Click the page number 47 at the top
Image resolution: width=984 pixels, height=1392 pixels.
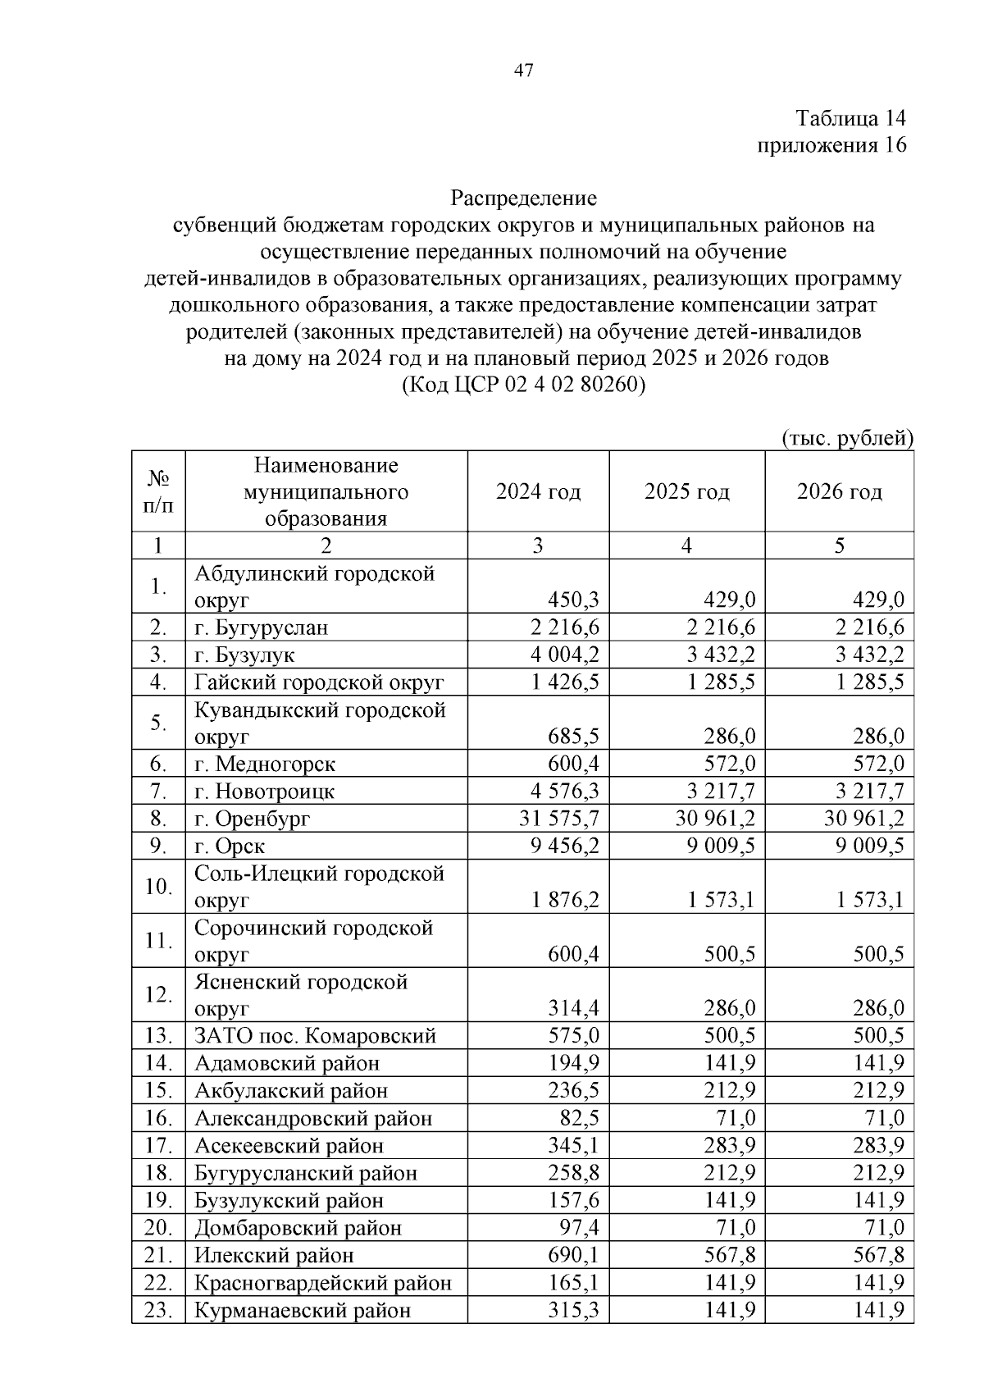tap(524, 71)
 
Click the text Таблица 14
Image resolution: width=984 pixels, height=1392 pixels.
tap(850, 118)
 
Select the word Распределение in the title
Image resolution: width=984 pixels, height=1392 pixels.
tap(524, 199)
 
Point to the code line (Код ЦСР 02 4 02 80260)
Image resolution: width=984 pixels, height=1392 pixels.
tap(524, 385)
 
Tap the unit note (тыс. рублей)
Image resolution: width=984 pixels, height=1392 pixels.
tap(847, 438)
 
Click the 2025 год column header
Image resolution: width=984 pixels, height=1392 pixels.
tap(686, 491)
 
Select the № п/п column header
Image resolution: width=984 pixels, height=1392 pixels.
tap(158, 491)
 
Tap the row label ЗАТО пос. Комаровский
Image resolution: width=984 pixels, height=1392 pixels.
tap(315, 1036)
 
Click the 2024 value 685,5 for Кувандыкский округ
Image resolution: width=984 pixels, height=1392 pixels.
tap(573, 737)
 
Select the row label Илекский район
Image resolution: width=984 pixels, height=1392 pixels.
tap(274, 1255)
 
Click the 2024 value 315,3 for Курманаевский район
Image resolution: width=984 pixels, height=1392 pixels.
tap(573, 1310)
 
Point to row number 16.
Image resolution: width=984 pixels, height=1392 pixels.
tap(157, 1118)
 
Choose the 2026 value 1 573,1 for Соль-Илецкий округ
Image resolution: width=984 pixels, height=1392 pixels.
tap(870, 900)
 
